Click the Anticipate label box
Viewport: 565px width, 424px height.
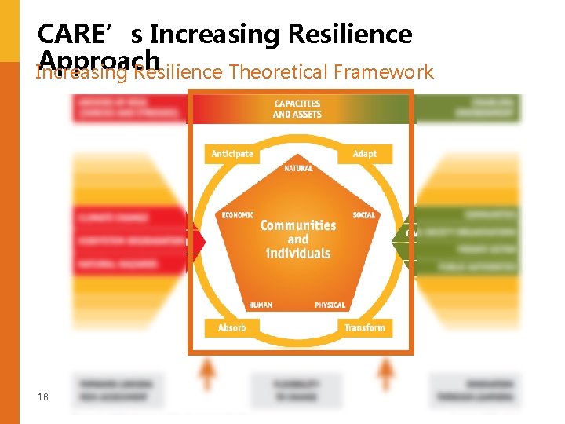pyautogui.click(x=232, y=154)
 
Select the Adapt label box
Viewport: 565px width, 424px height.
pyautogui.click(x=364, y=154)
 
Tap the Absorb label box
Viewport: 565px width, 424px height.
pyautogui.click(x=232, y=327)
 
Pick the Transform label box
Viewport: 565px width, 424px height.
pyautogui.click(x=364, y=327)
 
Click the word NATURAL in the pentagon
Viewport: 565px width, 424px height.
pyautogui.click(x=298, y=169)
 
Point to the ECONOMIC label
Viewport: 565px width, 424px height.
pyautogui.click(x=238, y=214)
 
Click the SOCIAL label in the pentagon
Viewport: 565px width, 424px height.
pyautogui.click(x=364, y=214)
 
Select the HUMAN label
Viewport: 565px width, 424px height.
pyautogui.click(x=261, y=305)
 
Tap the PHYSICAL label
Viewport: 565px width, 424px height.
pyautogui.click(x=330, y=305)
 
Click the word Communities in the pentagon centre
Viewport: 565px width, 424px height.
pyautogui.click(x=298, y=225)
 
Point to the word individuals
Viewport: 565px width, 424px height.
pyautogui.click(x=298, y=254)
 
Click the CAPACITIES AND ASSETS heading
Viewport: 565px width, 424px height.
pyautogui.click(x=297, y=109)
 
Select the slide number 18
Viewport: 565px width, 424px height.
pyautogui.click(x=43, y=397)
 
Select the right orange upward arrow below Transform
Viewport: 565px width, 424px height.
pyautogui.click(x=386, y=372)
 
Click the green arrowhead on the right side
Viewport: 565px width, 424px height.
pyautogui.click(x=399, y=234)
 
